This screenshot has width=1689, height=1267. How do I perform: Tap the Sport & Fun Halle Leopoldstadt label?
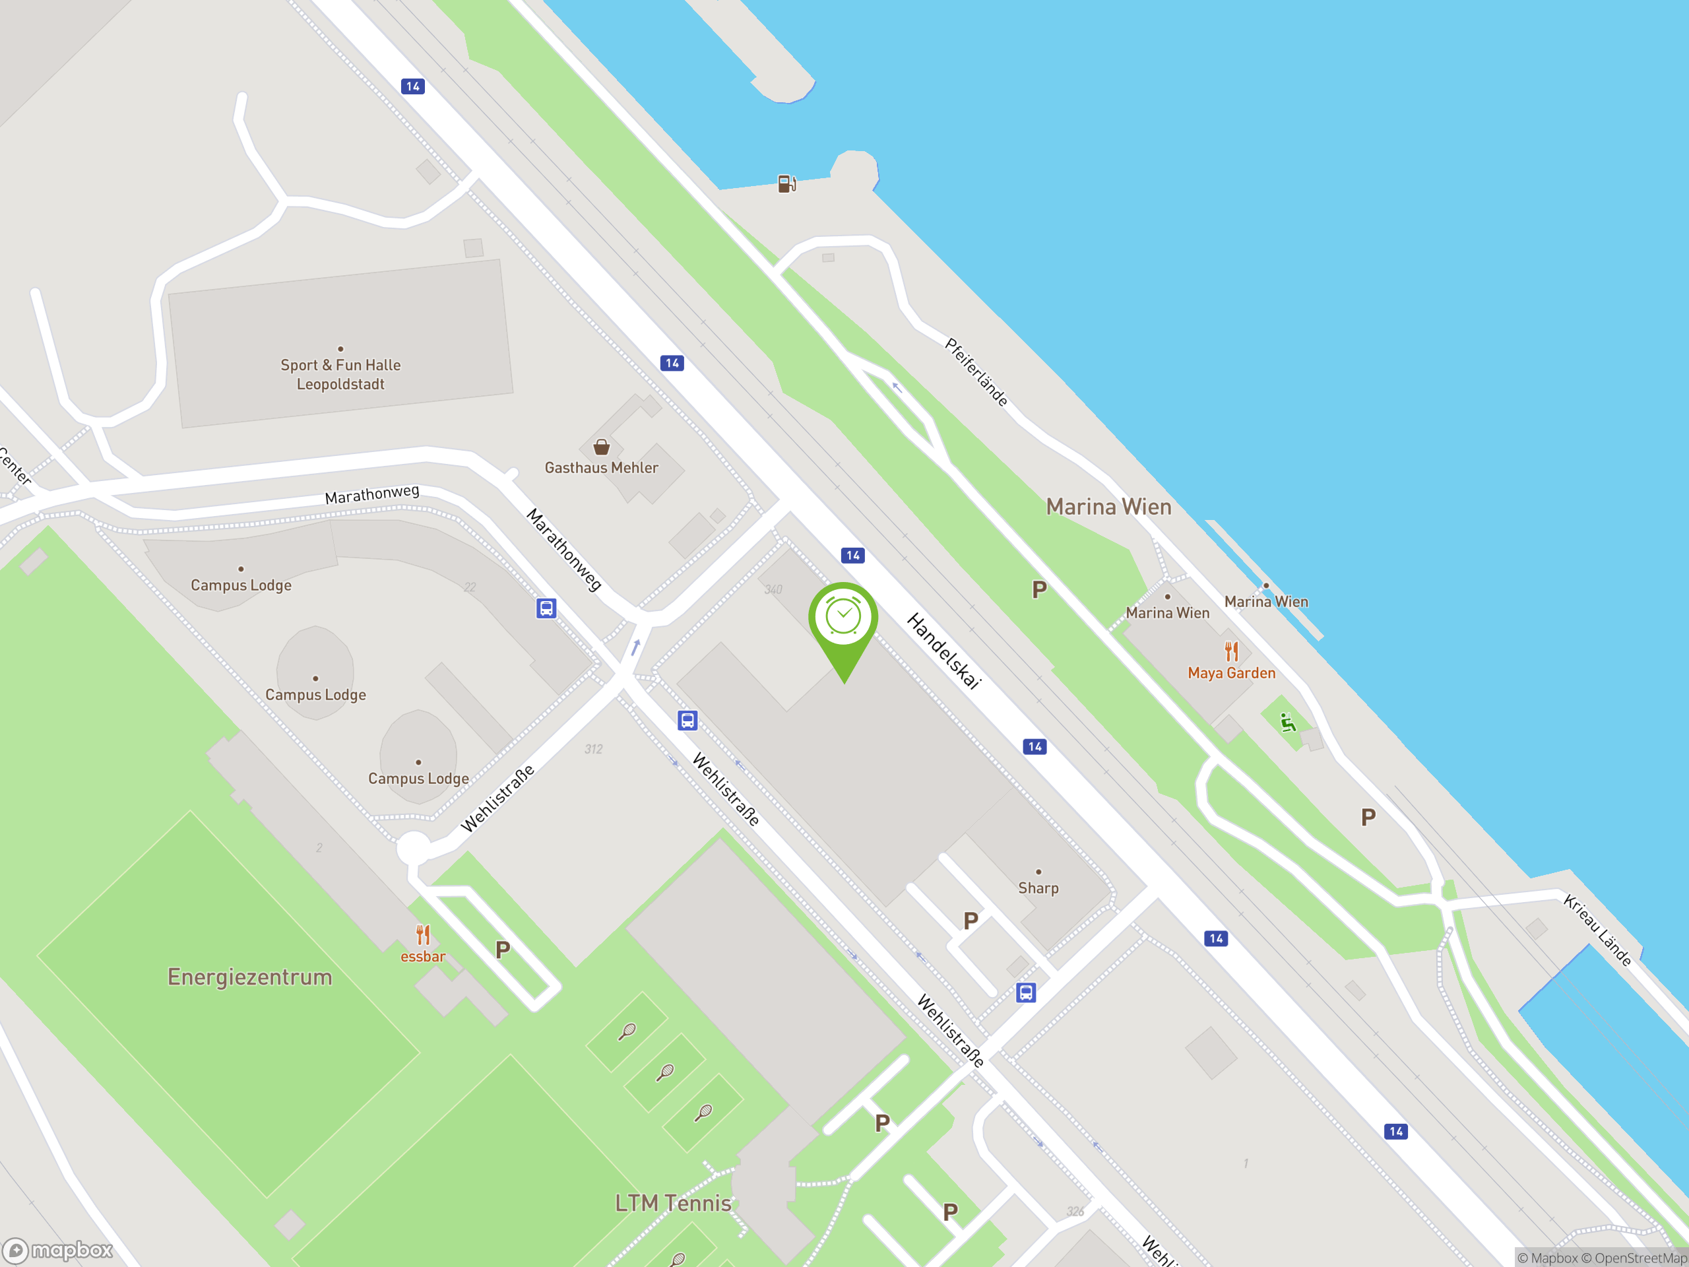(340, 374)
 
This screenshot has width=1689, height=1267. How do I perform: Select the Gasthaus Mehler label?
(601, 467)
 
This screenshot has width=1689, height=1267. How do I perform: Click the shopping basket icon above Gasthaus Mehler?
(602, 447)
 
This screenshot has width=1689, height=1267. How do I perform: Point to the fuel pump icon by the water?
(786, 184)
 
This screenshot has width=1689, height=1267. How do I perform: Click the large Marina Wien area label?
(1108, 507)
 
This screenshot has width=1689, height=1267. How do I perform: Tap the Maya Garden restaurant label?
(1231, 673)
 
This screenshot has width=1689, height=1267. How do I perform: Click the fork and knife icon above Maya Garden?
(1231, 651)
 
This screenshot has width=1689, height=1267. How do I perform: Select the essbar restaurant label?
(422, 956)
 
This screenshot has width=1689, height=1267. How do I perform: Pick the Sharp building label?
(1038, 888)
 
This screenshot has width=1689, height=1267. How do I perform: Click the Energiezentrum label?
(249, 977)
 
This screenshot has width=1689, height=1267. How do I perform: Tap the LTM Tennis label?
(673, 1203)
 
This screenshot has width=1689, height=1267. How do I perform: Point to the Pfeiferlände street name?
(976, 372)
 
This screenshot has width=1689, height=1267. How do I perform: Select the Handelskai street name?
(943, 651)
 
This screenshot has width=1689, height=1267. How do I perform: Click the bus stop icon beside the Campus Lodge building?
(546, 608)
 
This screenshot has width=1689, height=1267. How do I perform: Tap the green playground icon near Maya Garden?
(1288, 723)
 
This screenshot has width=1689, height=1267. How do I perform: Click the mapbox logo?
(58, 1251)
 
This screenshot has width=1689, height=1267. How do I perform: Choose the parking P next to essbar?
(503, 950)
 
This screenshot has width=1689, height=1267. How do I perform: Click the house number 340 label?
(773, 589)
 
